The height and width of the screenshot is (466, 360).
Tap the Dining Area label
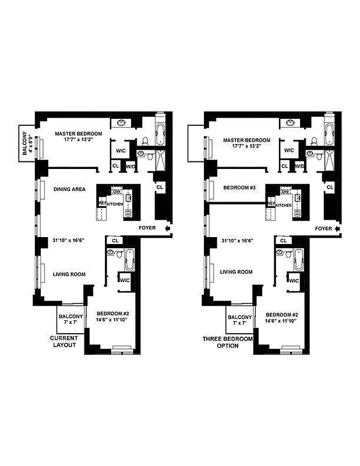point(70,189)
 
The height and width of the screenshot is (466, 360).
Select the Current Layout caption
point(63,341)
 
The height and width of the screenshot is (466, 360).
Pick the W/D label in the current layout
point(130,166)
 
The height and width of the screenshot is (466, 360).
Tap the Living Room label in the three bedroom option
point(237,271)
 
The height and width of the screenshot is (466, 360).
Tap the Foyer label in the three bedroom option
point(323,228)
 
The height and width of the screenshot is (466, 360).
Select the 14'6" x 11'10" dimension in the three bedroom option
point(280,321)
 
